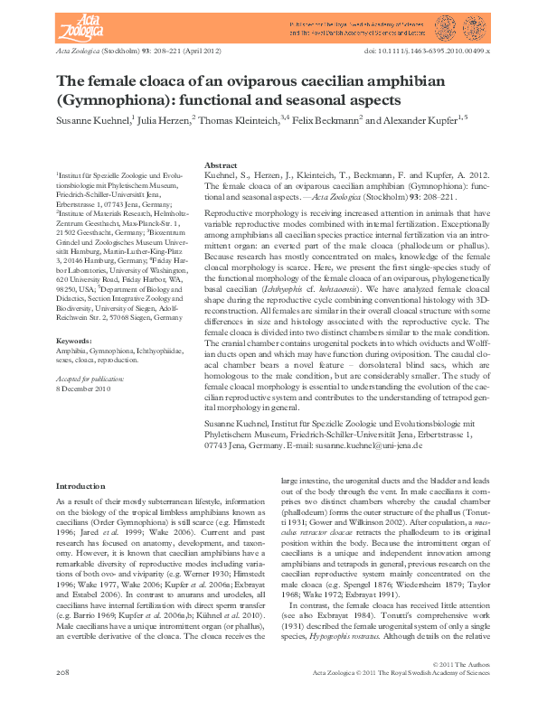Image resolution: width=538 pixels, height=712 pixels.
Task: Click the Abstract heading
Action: (x=222, y=166)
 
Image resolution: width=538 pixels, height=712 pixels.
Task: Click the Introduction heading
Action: (x=80, y=486)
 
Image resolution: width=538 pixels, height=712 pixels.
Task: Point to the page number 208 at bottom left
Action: (x=63, y=673)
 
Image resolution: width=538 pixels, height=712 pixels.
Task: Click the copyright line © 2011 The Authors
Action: (x=459, y=664)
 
